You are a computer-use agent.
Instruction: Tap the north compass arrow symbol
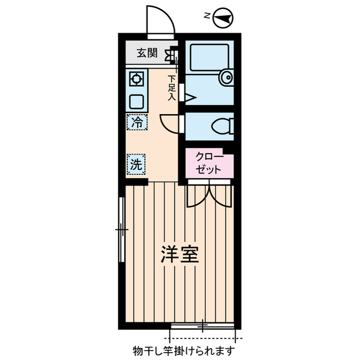[223, 18]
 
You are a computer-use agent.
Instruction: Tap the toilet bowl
[224, 125]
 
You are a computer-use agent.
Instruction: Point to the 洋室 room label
[179, 255]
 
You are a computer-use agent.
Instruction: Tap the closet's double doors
[209, 196]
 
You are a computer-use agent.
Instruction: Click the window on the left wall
[121, 229]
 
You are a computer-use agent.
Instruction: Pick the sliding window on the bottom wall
[202, 326]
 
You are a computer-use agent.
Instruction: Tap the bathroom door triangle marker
[190, 98]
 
